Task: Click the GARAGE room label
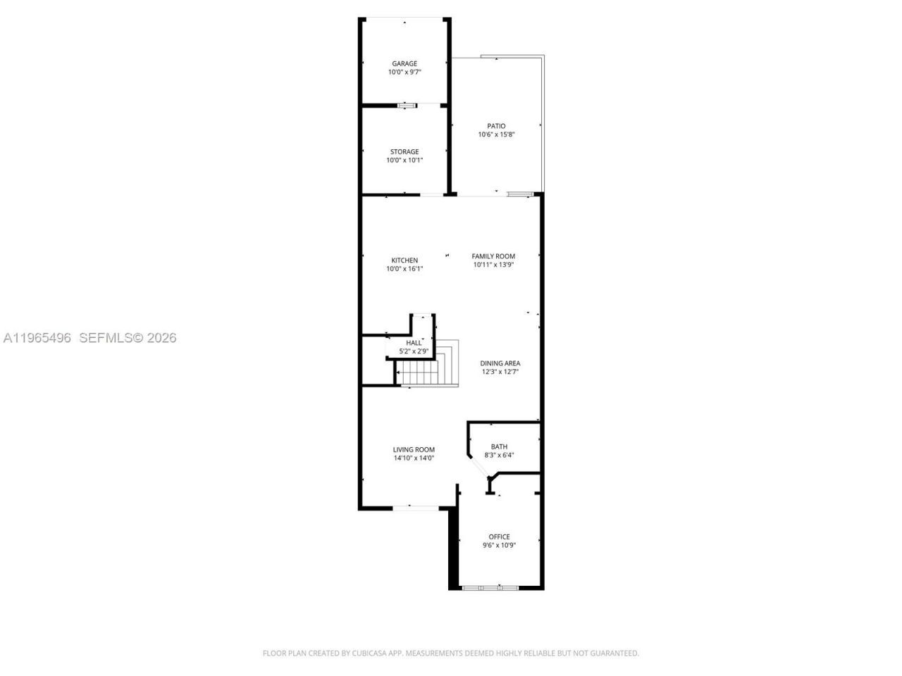tap(404, 63)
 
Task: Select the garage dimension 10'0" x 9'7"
tap(404, 72)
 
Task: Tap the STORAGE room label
tap(404, 151)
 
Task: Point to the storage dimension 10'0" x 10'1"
tap(404, 160)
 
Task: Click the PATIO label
tap(496, 126)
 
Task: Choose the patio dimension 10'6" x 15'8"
tap(496, 134)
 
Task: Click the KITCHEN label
tap(404, 261)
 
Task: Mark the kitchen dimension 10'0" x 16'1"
tap(404, 268)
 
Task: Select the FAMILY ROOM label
tap(493, 256)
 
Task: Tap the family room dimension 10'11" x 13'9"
tap(493, 265)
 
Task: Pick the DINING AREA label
tap(500, 363)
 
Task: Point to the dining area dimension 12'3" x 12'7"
tap(500, 372)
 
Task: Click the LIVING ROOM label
tap(414, 449)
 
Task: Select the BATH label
tap(499, 446)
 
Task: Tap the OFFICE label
tap(499, 537)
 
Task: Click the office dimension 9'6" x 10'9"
tap(499, 545)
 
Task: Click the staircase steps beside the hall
tap(419, 373)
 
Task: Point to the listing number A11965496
tap(37, 338)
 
